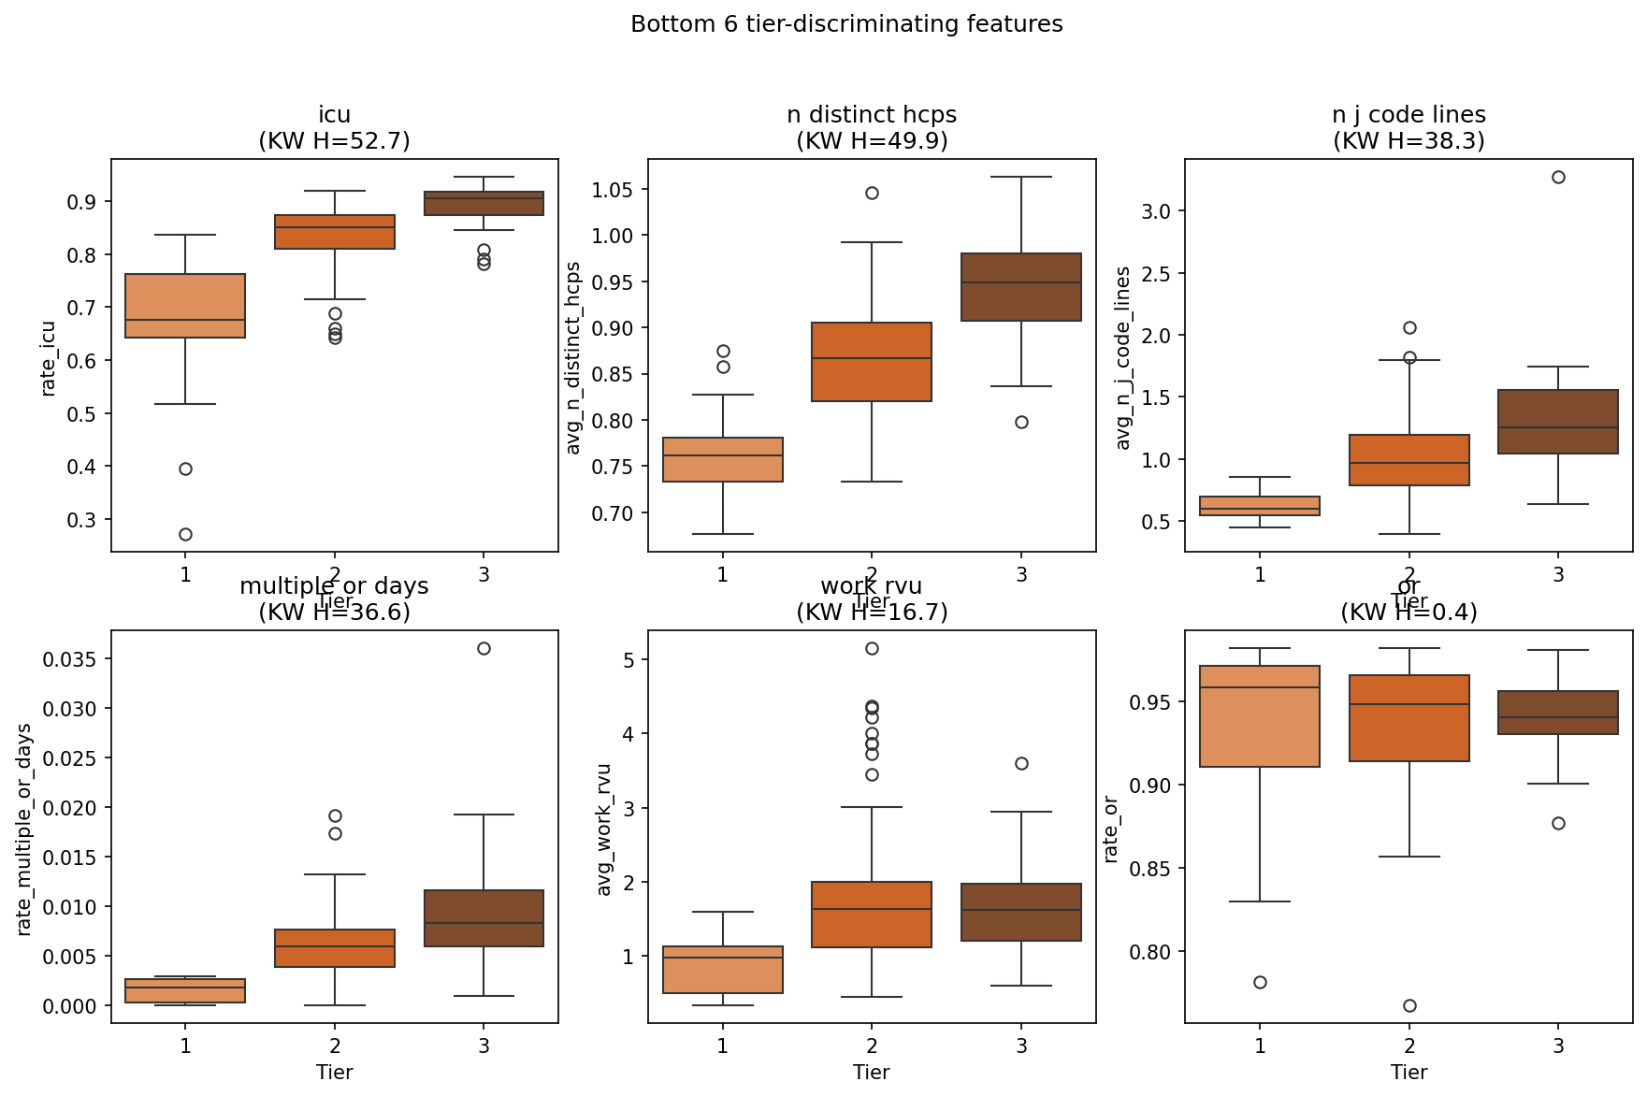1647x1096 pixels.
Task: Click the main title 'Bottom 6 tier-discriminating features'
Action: click(846, 24)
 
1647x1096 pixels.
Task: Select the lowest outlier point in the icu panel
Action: click(185, 534)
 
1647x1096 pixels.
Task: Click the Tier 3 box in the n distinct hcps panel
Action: click(1021, 287)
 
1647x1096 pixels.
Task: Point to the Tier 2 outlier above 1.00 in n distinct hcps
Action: click(872, 193)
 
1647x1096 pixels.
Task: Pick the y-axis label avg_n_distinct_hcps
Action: click(574, 358)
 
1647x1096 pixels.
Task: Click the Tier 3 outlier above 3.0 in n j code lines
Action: click(1558, 177)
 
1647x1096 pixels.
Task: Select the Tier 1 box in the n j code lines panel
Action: click(1260, 506)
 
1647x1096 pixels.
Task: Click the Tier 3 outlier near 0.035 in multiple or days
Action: click(484, 648)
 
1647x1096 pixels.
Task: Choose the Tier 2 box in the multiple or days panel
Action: click(335, 948)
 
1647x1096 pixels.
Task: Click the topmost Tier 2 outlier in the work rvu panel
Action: click(872, 648)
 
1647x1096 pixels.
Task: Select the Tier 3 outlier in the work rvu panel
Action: click(1021, 763)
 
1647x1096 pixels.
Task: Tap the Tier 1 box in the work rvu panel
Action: click(723, 970)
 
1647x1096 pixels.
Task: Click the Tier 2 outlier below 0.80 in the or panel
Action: click(1409, 1005)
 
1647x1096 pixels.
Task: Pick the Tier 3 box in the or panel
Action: click(1558, 713)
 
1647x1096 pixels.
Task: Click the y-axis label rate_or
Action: click(1111, 829)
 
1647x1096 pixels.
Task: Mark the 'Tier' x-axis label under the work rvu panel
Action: click(871, 1072)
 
